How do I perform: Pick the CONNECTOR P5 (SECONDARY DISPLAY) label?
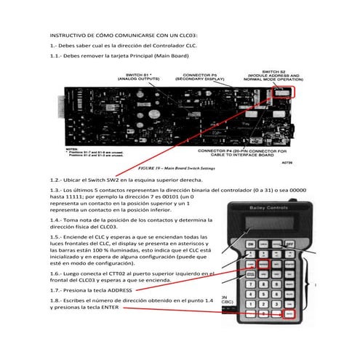pos(200,77)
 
